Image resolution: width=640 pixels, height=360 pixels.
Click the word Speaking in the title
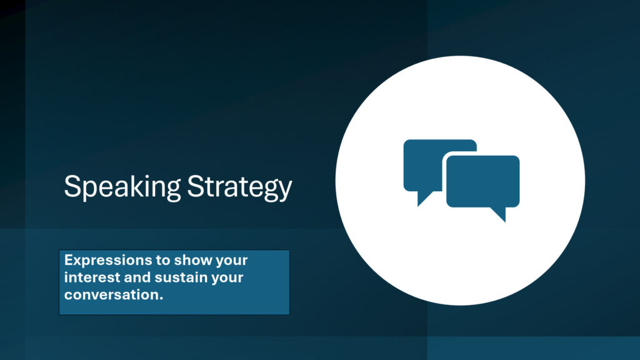pos(122,187)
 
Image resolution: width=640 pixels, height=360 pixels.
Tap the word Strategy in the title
pos(239,187)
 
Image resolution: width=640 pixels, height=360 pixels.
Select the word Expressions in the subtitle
pos(108,261)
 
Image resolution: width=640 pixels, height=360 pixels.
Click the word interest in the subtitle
pos(92,277)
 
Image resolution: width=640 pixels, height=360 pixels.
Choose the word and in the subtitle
pos(137,277)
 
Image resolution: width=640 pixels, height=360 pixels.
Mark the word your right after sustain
pos(227,279)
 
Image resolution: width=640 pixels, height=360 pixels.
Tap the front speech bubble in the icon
pos(483,181)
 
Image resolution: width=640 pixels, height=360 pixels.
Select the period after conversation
pos(161,299)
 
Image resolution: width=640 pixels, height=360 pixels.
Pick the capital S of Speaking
pos(71,186)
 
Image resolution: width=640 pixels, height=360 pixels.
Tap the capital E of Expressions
pos(69,260)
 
